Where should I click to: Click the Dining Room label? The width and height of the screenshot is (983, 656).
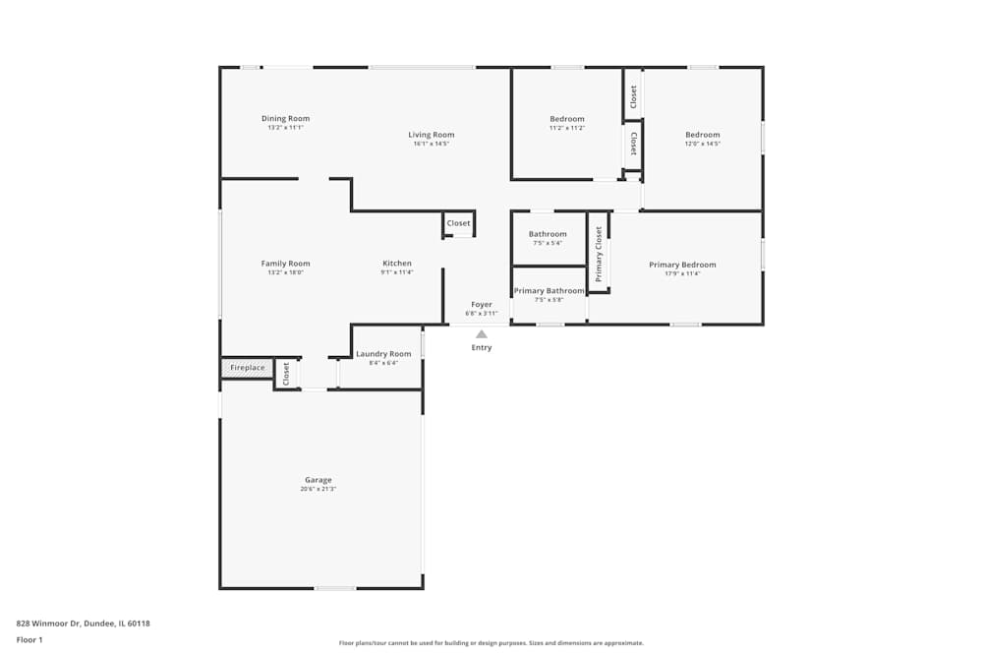(285, 119)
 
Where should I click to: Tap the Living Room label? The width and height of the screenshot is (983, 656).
(431, 135)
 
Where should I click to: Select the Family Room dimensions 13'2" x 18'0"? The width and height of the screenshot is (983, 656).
(285, 272)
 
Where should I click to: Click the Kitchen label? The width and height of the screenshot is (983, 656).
(397, 264)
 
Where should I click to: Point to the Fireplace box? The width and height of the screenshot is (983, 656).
(247, 368)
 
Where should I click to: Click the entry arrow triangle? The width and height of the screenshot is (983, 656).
(482, 334)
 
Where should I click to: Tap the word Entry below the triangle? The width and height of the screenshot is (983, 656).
(482, 348)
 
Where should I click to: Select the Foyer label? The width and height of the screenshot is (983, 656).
(482, 305)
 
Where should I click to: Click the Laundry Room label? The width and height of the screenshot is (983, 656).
(383, 354)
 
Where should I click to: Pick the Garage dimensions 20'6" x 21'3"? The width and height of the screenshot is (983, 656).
(318, 489)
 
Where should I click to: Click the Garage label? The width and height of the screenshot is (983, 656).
(318, 480)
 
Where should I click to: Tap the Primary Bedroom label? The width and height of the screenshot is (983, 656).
(682, 265)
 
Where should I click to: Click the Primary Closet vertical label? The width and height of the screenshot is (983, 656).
(599, 254)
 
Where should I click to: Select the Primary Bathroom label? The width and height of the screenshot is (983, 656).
(549, 291)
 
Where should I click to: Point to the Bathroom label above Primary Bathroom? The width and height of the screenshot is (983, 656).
(548, 234)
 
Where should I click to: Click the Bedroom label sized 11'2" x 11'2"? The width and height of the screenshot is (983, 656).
(566, 119)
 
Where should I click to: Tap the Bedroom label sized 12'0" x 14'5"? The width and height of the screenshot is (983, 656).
(702, 135)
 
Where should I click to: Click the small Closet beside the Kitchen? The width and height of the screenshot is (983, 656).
(458, 223)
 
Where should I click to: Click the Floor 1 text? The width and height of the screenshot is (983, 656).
(29, 639)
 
